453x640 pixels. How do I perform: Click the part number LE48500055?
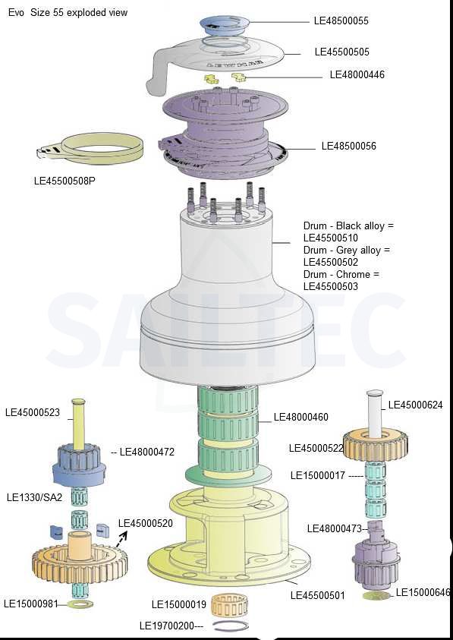pos(341,20)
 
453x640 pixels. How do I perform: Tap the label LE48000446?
pos(357,74)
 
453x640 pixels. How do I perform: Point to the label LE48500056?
pos(349,146)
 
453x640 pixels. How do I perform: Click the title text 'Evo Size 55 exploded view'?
pos(68,13)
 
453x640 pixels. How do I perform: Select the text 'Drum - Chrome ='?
pos(341,274)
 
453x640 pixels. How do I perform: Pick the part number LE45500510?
pos(331,238)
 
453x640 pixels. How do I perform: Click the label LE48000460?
pos(300,417)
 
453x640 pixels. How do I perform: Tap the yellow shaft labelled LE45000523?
pos(78,421)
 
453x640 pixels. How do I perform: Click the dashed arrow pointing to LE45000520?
pos(121,539)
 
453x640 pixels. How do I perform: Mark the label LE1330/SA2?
pos(35,497)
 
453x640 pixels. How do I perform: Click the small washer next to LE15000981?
pos(80,604)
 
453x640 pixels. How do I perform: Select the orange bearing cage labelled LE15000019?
pos(230,604)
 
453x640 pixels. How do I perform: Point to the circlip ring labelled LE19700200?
pos(231,626)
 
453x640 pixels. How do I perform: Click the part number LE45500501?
pos(317,595)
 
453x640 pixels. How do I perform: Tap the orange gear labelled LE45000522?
pos(376,446)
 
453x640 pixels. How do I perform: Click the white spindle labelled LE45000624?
pos(375,412)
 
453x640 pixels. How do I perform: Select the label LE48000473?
pos(334,529)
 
